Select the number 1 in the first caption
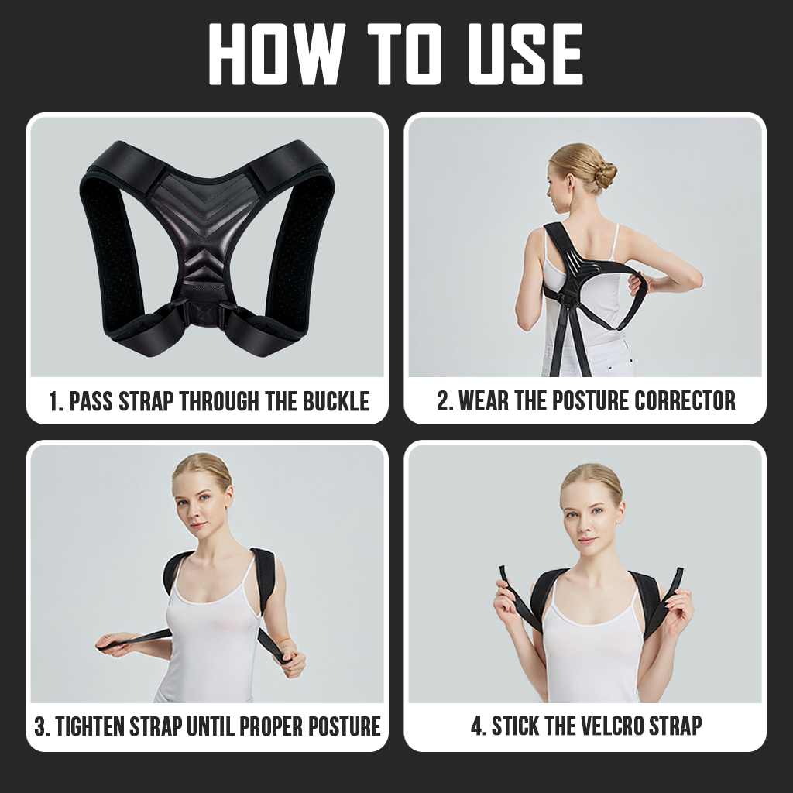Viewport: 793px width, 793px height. point(53,402)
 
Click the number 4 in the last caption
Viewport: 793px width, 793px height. point(477,726)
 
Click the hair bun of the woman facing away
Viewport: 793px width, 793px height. point(602,174)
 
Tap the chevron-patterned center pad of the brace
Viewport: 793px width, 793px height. point(203,232)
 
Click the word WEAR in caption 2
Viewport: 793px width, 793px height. point(486,400)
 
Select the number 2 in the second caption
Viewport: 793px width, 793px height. point(443,400)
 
